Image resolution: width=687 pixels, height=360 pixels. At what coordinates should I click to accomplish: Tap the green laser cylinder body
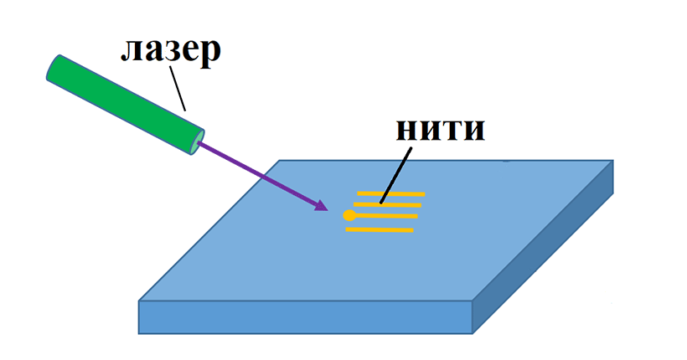[x=126, y=105]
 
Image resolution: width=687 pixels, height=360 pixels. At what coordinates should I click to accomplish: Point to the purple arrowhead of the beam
[x=319, y=204]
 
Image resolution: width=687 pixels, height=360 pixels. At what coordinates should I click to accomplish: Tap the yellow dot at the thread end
[x=349, y=216]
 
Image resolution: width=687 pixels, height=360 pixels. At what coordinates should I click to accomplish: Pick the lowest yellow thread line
[x=380, y=229]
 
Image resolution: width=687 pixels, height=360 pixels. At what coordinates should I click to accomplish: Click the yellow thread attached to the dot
[x=385, y=216]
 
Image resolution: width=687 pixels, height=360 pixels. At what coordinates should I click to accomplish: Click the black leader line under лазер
[x=177, y=89]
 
